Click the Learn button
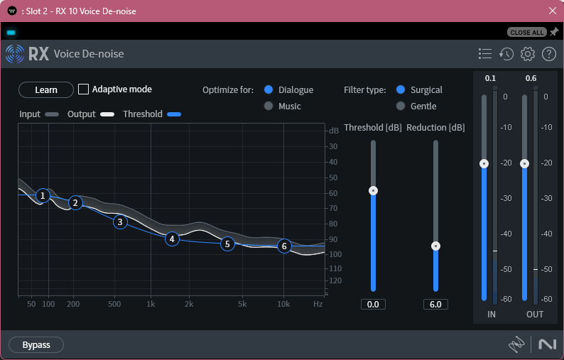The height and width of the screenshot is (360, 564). click(46, 89)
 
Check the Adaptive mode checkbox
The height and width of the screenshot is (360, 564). click(84, 89)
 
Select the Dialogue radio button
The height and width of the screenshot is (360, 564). click(269, 90)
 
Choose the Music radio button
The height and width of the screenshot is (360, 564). click(269, 107)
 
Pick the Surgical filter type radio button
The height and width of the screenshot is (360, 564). click(401, 90)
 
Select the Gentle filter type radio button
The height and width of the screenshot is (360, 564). click(401, 107)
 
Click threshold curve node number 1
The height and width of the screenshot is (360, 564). click(43, 195)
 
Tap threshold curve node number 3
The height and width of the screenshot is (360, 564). click(121, 222)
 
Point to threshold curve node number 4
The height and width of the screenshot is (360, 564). click(172, 239)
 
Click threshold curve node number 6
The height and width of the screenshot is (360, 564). click(284, 246)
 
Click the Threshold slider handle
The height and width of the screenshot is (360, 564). click(373, 190)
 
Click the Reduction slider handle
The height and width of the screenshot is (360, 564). click(435, 246)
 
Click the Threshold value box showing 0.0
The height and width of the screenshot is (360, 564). click(373, 305)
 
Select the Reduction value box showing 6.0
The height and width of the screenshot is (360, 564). click(435, 305)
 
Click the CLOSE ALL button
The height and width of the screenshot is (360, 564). click(526, 33)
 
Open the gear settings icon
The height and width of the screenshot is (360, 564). click(527, 54)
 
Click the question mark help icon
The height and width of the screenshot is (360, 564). click(548, 54)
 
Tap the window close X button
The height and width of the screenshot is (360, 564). click(553, 11)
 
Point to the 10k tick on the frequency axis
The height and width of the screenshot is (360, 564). click(284, 304)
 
